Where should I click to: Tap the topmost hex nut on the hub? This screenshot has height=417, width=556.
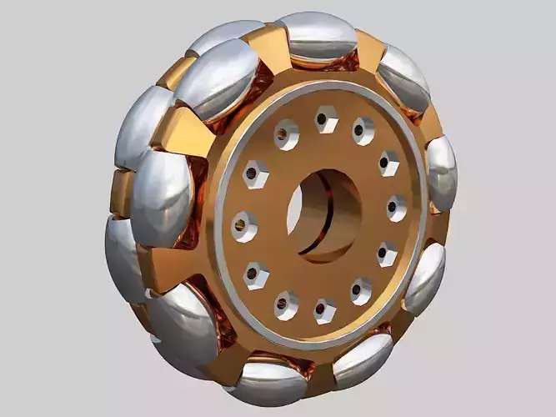point(326,121)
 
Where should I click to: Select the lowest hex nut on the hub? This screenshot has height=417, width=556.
point(324,310)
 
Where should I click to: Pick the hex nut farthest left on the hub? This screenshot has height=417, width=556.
point(244,224)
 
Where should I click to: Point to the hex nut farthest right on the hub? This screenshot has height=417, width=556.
point(396,207)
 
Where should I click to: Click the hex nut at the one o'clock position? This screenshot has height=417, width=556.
point(363,130)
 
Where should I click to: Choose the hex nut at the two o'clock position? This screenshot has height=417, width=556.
point(388,162)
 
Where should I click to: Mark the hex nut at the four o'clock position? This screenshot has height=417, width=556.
point(386,253)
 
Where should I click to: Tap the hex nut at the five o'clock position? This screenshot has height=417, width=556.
point(361,289)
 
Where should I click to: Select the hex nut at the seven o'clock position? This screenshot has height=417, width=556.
point(286,304)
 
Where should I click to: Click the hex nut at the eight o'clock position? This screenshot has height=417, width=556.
point(256,273)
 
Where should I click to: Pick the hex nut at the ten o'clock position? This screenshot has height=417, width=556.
point(254,175)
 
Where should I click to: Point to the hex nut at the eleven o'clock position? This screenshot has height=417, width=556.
point(286,134)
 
